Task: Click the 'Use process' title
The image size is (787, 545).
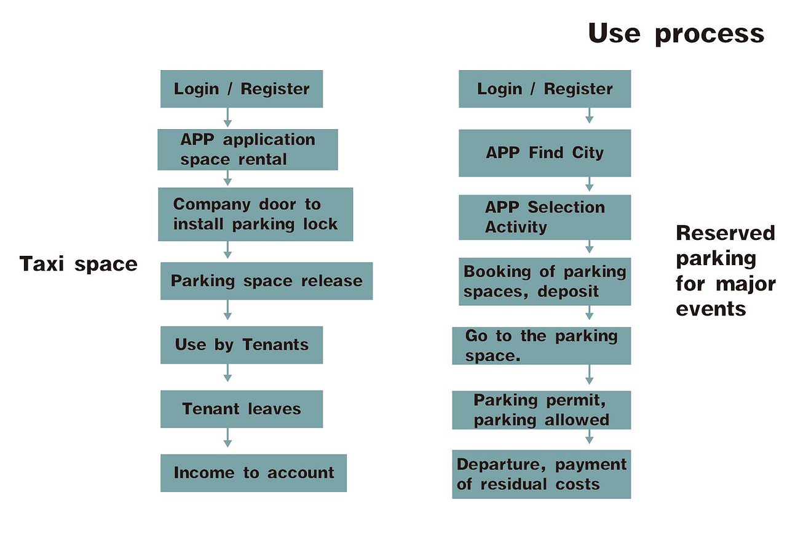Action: point(676,34)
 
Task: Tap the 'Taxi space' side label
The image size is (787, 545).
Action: point(78,264)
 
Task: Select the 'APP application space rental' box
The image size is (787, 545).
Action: point(248,150)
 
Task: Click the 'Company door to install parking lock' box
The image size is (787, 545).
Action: point(255,214)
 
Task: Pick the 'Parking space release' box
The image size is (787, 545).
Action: point(267,281)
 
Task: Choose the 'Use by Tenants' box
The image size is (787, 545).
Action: point(242,345)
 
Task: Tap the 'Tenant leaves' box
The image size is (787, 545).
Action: point(242,409)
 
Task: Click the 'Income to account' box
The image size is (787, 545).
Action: point(254,473)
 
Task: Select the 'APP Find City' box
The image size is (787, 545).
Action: point(545,153)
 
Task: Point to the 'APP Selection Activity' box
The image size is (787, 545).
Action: point(545,217)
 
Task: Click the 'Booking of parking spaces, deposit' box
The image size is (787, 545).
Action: point(545,282)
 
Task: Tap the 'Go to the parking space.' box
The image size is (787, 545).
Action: point(542,346)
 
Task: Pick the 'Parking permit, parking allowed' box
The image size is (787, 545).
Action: point(542,410)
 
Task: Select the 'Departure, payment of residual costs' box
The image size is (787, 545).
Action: point(542,474)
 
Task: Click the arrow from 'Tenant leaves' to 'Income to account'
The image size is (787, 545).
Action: point(227,437)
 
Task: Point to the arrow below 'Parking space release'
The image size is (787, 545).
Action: point(227,310)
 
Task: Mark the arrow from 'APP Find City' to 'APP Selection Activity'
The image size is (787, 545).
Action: point(590,185)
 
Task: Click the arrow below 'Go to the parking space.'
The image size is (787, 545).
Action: point(590,375)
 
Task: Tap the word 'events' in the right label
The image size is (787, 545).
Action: point(711,309)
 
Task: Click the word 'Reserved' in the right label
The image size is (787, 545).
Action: point(726,233)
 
